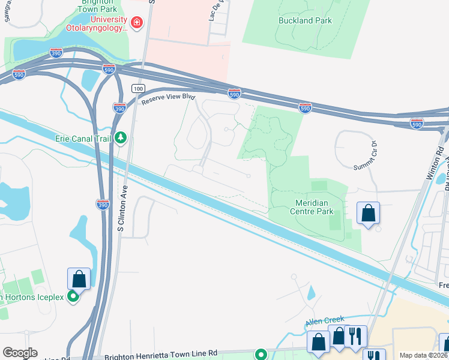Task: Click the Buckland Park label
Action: pyautogui.click(x=306, y=20)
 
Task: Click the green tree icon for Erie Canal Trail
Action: pyautogui.click(x=121, y=139)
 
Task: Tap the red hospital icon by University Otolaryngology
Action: pyautogui.click(x=137, y=22)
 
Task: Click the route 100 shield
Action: pyautogui.click(x=139, y=89)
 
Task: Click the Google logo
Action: pyautogui.click(x=20, y=353)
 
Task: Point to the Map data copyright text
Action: pyautogui.click(x=424, y=355)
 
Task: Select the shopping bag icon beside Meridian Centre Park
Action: pyautogui.click(x=368, y=214)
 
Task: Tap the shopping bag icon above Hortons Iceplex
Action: pyautogui.click(x=79, y=279)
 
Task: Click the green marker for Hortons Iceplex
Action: pyautogui.click(x=74, y=296)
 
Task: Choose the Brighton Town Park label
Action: pyautogui.click(x=99, y=7)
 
